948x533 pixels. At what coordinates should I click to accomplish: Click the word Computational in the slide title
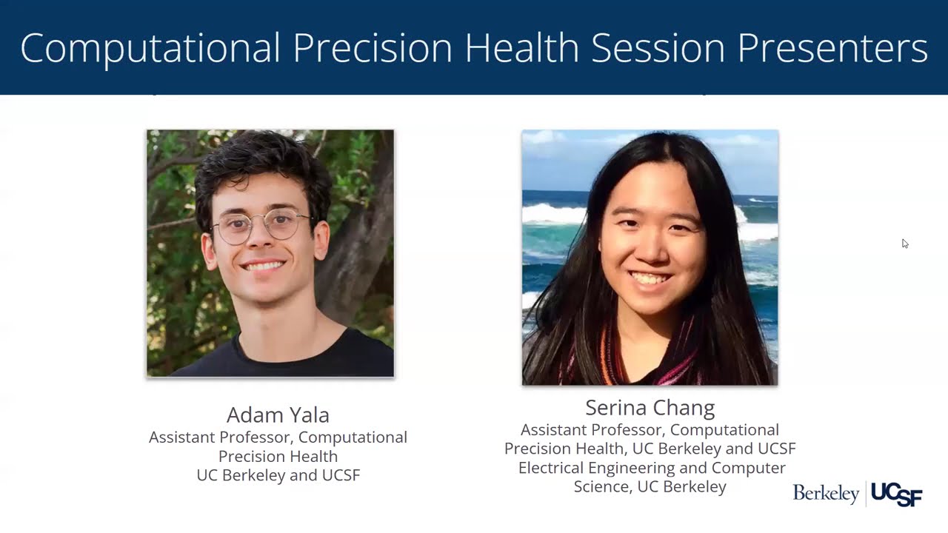pyautogui.click(x=150, y=49)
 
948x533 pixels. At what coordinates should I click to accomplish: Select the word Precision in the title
pyautogui.click(x=373, y=49)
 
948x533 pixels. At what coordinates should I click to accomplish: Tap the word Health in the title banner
pyautogui.click(x=521, y=49)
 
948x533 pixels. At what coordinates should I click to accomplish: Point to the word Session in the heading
pyautogui.click(x=658, y=49)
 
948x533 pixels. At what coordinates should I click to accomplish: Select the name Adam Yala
pyautogui.click(x=278, y=415)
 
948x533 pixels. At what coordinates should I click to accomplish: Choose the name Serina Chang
pyautogui.click(x=650, y=408)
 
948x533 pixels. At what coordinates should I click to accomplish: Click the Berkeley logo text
pyautogui.click(x=826, y=493)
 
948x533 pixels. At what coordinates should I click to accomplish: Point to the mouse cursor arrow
pyautogui.click(x=904, y=243)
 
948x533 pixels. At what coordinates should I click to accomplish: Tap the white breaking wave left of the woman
pyautogui.click(x=552, y=215)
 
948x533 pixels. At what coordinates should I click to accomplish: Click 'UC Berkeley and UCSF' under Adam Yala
pyautogui.click(x=278, y=475)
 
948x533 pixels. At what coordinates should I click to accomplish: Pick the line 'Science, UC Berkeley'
pyautogui.click(x=650, y=487)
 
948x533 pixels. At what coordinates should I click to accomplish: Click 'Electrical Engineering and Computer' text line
pyautogui.click(x=652, y=468)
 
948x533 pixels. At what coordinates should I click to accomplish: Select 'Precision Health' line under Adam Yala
pyautogui.click(x=278, y=456)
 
